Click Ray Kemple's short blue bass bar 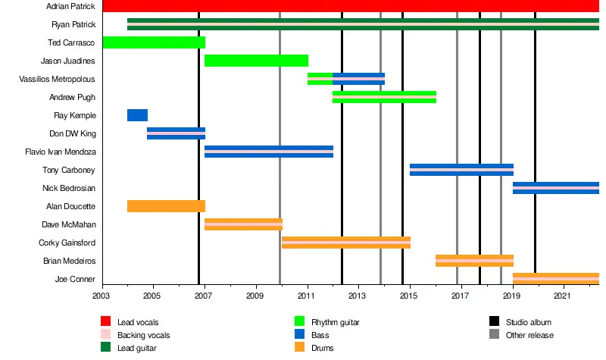coord(137,115)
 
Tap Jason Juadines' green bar coord(256,61)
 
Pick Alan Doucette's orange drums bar coord(166,206)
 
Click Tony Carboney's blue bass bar coord(461,170)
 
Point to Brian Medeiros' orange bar coord(474,261)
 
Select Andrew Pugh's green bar coord(384,97)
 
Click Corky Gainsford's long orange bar coord(346,243)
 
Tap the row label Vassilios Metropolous coord(58,79)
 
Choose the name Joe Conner coord(76,279)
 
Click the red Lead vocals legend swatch coord(105,323)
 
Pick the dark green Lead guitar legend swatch coord(105,348)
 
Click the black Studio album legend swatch coord(494,323)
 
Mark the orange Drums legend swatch coord(300,348)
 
